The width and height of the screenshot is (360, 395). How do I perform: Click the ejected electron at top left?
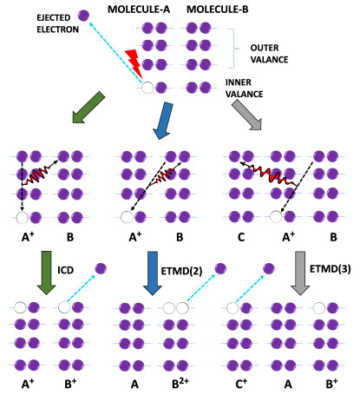(83, 15)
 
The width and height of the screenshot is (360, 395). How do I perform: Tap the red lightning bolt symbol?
(133, 62)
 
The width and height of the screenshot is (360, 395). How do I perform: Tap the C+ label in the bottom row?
(240, 383)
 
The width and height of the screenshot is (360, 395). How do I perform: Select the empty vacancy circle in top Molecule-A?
(147, 87)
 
